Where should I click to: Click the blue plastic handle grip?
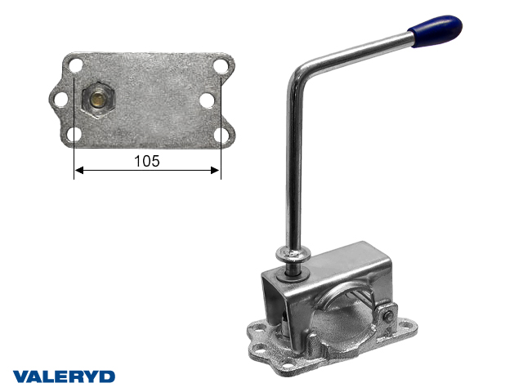tap(436, 30)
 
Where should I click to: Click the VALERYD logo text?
tap(64, 376)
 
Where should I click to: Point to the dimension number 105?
tap(147, 161)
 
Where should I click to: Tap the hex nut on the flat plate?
tap(98, 99)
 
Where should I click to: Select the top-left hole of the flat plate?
tap(76, 65)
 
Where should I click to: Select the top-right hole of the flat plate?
tap(220, 65)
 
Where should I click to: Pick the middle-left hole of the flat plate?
tap(61, 100)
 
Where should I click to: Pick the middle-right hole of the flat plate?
tap(207, 100)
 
